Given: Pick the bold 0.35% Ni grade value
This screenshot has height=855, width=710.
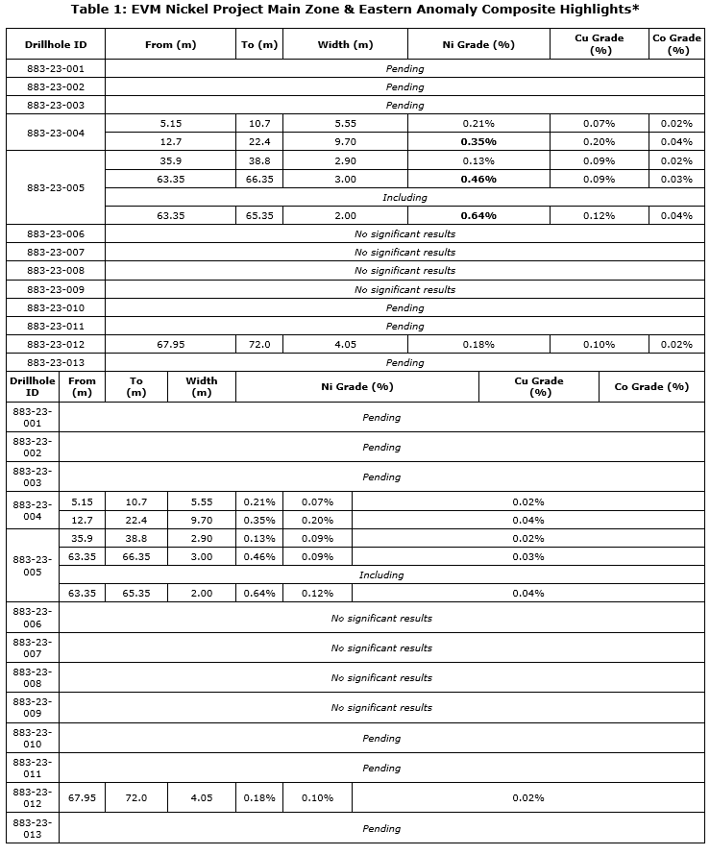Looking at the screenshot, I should (x=477, y=141).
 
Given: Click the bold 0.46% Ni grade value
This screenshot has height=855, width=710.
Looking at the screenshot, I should (x=477, y=179).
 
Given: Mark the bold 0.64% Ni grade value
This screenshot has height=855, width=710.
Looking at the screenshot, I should (x=477, y=215).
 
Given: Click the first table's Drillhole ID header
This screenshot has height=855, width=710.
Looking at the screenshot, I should (x=55, y=44).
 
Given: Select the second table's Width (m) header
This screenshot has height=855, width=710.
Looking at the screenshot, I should (x=201, y=386).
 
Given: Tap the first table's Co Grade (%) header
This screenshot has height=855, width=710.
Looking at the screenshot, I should (x=676, y=44).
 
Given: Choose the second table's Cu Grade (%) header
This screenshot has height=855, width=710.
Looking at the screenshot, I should (x=539, y=386).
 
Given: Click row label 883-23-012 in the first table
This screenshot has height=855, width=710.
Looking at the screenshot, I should (x=55, y=344).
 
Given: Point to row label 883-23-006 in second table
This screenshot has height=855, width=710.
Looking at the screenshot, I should (x=33, y=618).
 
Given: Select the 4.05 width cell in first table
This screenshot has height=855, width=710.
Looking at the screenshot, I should (x=345, y=344).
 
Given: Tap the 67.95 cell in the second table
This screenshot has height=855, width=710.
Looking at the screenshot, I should (x=82, y=797).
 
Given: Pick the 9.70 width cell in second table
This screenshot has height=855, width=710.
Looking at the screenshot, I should (x=201, y=520).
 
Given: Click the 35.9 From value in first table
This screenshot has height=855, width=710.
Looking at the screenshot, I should (x=171, y=160).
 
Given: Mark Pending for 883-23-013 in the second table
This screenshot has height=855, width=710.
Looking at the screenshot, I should (x=381, y=828).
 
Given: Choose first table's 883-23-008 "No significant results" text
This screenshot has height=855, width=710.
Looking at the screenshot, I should (x=404, y=271).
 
